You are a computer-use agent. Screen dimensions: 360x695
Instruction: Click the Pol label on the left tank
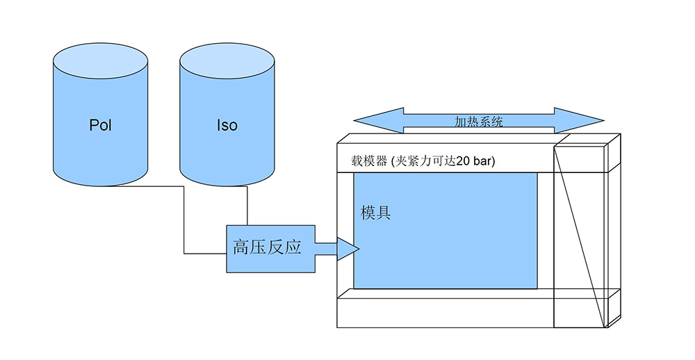[101, 126]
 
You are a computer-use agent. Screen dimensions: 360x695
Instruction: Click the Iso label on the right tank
[227, 126]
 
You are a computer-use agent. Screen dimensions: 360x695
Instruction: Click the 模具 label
[375, 213]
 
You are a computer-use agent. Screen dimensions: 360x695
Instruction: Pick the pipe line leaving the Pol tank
[184, 222]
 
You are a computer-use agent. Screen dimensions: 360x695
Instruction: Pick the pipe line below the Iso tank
[247, 205]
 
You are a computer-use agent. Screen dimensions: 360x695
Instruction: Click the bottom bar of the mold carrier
[445, 309]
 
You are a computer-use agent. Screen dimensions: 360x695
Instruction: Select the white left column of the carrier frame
[345, 229]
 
